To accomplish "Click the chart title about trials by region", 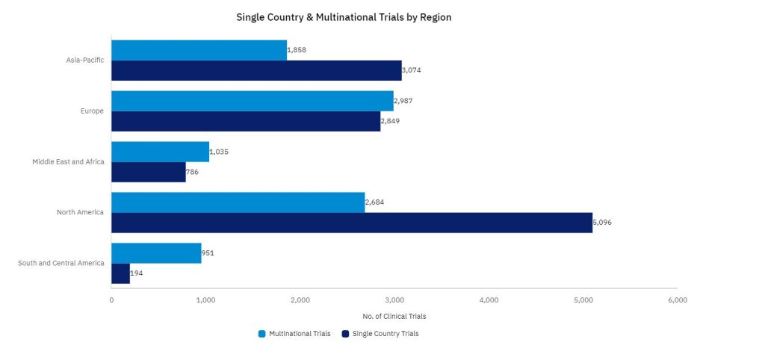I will pyautogui.click(x=344, y=16).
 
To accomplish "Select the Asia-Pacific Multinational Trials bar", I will pyautogui.click(x=199, y=50).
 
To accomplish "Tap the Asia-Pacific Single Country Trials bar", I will pyautogui.click(x=255, y=70).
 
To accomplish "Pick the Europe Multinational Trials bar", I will pyautogui.click(x=252, y=101).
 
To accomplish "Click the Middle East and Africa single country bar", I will pyautogui.click(x=148, y=172).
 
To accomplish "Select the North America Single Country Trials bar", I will pyautogui.click(x=351, y=223).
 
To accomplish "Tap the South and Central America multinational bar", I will pyautogui.click(x=156, y=253).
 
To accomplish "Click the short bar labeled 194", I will pyautogui.click(x=120, y=273).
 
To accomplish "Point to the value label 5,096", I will pyautogui.click(x=602, y=223).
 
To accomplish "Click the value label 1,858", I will pyautogui.click(x=297, y=50).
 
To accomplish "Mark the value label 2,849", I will pyautogui.click(x=390, y=121).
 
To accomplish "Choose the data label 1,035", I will pyautogui.click(x=219, y=152).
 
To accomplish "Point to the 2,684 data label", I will pyautogui.click(x=375, y=202).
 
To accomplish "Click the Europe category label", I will pyautogui.click(x=92, y=111).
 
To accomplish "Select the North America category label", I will pyautogui.click(x=80, y=212).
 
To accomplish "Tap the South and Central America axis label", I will pyautogui.click(x=61, y=263).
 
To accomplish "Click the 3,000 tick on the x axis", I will pyautogui.click(x=394, y=300).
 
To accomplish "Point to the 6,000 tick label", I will pyautogui.click(x=677, y=300).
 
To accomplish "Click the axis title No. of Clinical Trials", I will pyautogui.click(x=394, y=317).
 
